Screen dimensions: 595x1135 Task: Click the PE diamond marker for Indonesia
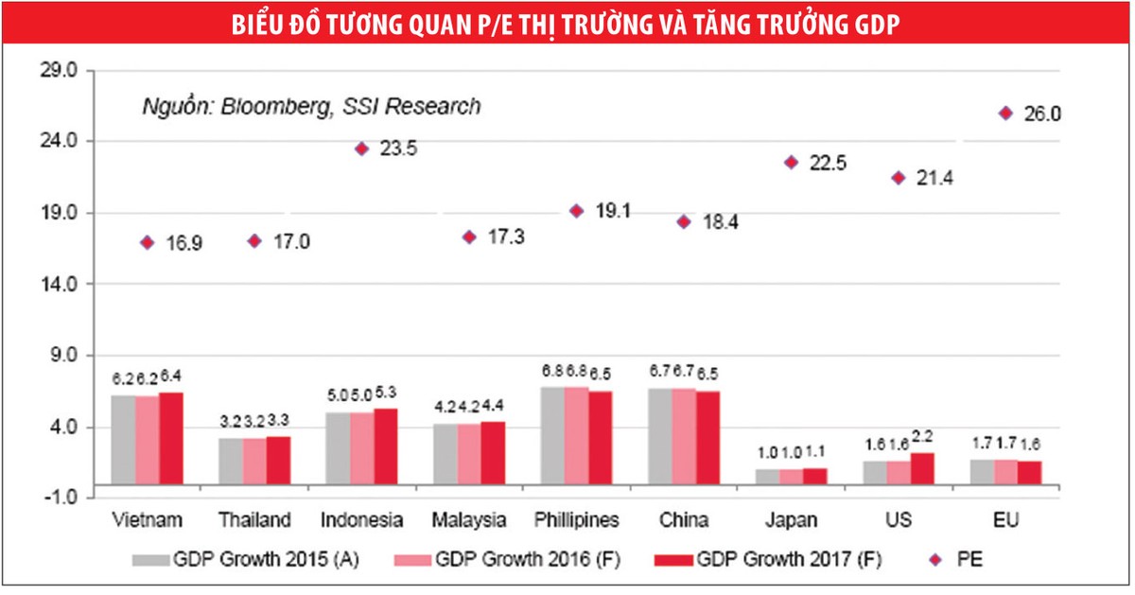(361, 149)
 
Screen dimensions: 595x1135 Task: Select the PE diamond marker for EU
(1005, 113)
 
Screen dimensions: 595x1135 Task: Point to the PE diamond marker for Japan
(791, 163)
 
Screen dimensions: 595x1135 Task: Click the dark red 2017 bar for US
(922, 468)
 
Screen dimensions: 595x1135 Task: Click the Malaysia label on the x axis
(469, 520)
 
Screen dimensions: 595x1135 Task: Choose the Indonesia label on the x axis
(361, 520)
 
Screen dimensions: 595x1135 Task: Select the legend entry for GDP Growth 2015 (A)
(255, 559)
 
